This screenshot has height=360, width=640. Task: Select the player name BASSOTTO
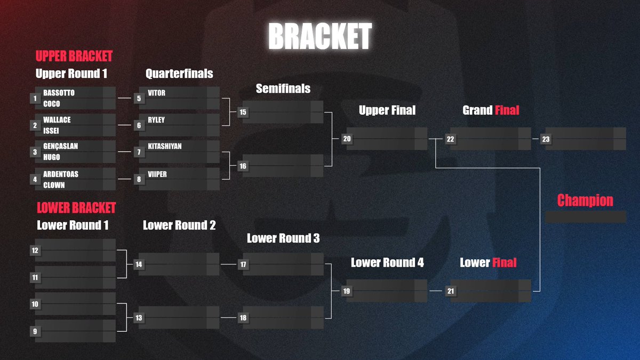pos(59,93)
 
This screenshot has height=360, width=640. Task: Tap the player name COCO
pos(51,104)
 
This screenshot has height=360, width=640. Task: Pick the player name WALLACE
pos(57,120)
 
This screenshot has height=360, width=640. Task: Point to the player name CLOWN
pos(54,185)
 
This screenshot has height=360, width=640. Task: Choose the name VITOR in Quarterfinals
pos(156,93)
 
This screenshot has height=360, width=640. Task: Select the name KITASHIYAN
pos(165,146)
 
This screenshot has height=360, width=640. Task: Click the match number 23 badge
pos(546,139)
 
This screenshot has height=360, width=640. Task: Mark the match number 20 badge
pos(347,139)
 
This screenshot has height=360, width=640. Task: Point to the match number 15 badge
pos(243,112)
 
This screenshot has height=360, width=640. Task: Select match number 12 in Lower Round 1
pos(35,250)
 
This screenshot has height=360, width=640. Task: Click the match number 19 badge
pos(347,291)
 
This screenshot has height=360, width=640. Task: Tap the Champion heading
pos(585,201)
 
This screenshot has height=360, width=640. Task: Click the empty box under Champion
pos(585,217)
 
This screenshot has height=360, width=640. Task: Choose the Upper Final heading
pos(387,110)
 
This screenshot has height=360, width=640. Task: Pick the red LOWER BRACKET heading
pos(76,207)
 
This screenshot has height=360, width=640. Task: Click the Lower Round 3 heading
pos(283,238)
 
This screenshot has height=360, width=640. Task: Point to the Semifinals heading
pos(283,89)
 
